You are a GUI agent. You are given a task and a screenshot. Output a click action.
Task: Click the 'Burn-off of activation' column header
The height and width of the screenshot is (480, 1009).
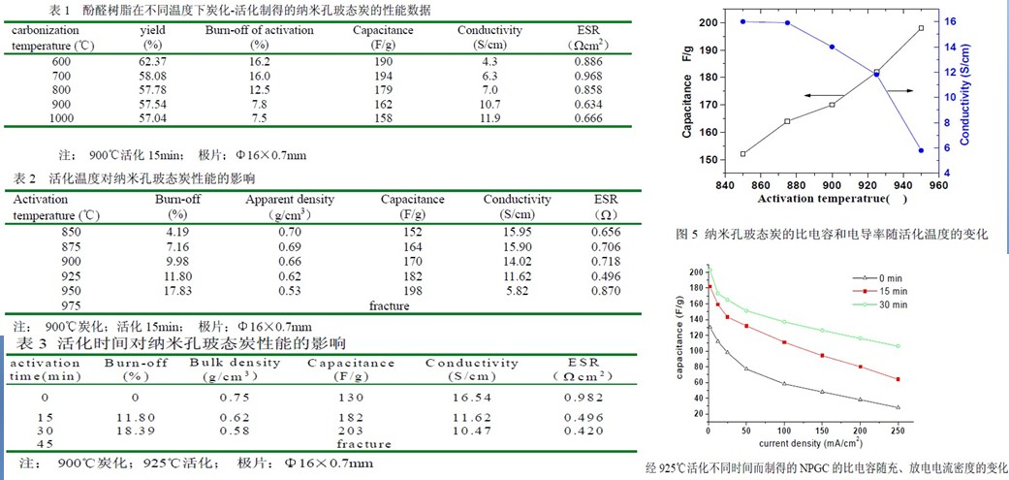tap(260, 30)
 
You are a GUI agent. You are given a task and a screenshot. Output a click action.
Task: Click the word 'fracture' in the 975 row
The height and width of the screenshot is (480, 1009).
tap(390, 305)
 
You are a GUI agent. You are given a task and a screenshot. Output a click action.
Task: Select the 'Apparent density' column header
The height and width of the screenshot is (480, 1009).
tap(290, 199)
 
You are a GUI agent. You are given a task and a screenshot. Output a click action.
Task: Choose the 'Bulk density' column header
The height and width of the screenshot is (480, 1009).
tap(235, 363)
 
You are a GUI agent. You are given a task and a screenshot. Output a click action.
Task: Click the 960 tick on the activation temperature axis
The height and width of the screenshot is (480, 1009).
tap(938, 183)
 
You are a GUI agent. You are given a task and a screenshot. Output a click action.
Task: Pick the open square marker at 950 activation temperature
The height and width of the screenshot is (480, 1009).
tap(922, 28)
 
